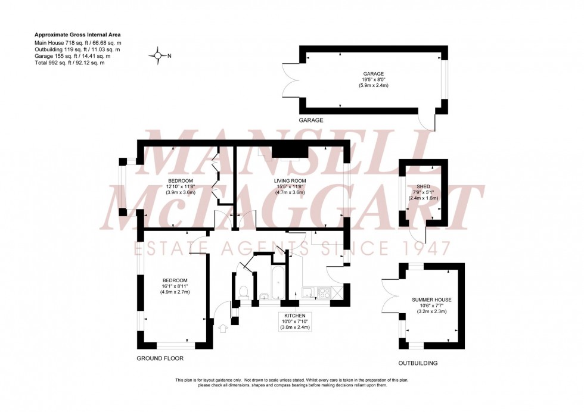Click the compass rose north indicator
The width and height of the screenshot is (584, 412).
159,56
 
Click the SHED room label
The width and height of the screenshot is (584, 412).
424,186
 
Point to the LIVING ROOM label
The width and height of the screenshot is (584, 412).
290,180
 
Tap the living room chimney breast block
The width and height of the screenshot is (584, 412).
290,149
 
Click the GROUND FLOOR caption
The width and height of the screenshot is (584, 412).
160,358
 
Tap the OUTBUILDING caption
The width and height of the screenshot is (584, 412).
418,363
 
